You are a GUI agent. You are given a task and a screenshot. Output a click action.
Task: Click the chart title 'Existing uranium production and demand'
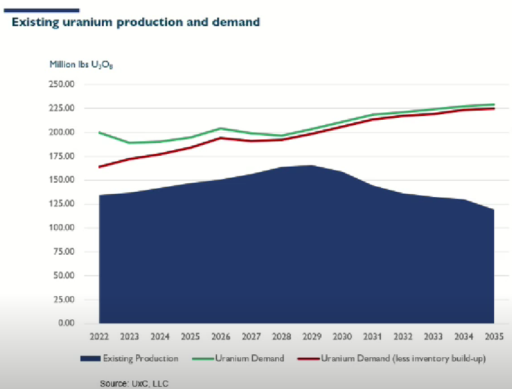[x=136, y=23]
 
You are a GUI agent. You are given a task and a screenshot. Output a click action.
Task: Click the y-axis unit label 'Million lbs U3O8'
[x=81, y=64]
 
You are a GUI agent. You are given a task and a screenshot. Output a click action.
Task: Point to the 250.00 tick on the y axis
[x=62, y=84]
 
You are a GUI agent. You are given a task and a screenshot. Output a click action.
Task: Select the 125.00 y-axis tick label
[x=62, y=204]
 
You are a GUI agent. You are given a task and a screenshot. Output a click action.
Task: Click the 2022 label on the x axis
[x=99, y=336]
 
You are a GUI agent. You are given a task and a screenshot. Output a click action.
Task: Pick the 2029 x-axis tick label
[x=312, y=336]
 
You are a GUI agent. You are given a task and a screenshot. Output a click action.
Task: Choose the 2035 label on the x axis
[x=494, y=336]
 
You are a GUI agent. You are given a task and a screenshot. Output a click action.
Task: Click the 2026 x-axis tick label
[x=220, y=336]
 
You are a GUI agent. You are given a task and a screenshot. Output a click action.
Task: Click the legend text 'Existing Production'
[x=140, y=358]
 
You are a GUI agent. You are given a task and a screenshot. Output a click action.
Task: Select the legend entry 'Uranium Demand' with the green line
[x=250, y=358]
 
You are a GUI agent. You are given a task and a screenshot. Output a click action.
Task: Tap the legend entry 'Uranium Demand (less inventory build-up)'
[x=403, y=358]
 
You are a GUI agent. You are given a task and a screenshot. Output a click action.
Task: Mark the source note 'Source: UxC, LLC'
[x=134, y=384]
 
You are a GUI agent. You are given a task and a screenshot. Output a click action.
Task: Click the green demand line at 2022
[x=99, y=132]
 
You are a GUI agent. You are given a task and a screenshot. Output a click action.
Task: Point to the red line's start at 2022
[x=99, y=167]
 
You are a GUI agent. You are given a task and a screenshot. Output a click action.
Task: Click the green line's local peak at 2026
[x=220, y=128]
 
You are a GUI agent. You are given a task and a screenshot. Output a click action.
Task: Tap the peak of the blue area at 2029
[x=312, y=165]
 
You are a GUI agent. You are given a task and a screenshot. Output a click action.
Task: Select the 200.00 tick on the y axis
[x=62, y=132]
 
